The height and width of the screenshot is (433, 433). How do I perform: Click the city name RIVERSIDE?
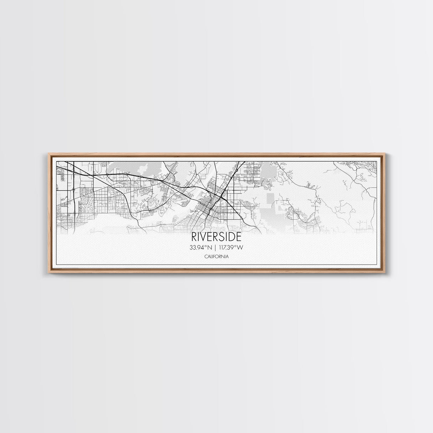(216, 237)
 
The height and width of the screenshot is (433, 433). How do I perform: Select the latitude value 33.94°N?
(202, 247)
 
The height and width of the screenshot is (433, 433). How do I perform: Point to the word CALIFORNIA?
(216, 256)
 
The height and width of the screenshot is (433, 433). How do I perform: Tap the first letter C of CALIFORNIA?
(206, 256)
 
